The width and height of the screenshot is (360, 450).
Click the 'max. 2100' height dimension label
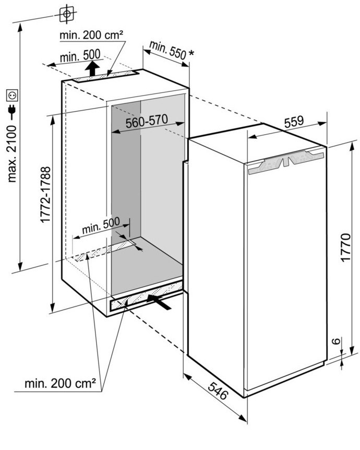(x=13, y=154)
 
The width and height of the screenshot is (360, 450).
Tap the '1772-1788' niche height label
(x=45, y=195)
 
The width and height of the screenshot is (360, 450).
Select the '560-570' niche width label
(x=147, y=122)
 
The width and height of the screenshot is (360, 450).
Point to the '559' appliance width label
(x=294, y=122)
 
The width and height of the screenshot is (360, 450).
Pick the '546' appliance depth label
(x=218, y=390)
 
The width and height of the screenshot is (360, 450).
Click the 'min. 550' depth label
(x=168, y=50)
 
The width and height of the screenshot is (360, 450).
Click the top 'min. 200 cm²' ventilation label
(x=91, y=35)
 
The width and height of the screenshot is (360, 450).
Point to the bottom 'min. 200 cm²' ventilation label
(x=60, y=383)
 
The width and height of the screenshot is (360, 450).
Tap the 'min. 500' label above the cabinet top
(x=80, y=56)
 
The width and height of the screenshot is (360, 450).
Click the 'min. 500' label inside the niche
(x=101, y=226)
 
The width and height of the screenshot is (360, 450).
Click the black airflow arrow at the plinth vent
(x=159, y=302)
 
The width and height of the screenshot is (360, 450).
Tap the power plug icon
(x=13, y=112)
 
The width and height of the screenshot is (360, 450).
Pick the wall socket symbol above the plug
(x=13, y=96)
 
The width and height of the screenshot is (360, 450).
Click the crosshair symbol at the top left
(x=67, y=14)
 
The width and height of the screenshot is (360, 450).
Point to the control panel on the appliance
(x=286, y=163)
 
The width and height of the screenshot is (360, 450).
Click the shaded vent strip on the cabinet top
(x=105, y=76)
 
